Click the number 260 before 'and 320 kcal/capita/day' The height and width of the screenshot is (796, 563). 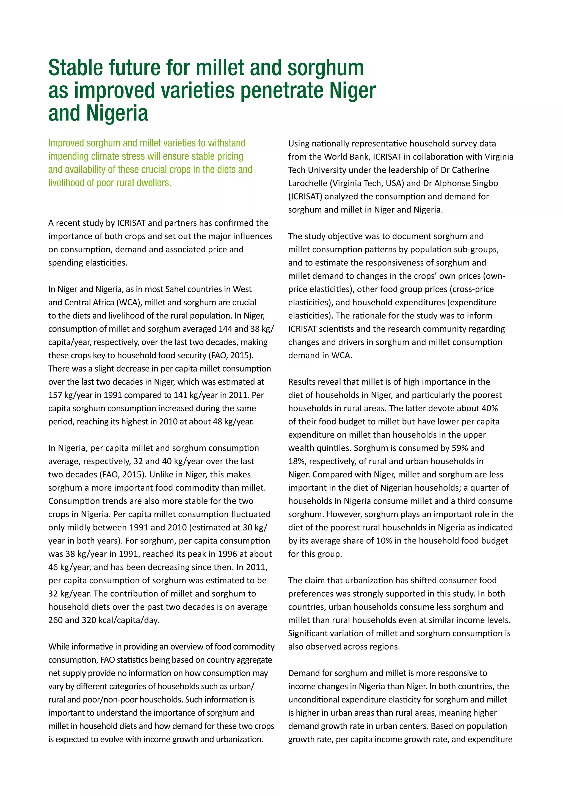tap(56, 620)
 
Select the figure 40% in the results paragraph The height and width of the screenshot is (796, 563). tap(490, 408)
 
